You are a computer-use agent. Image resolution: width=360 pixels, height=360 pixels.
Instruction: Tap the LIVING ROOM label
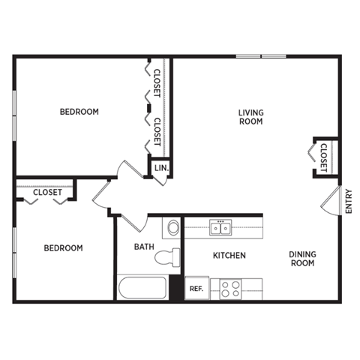(251, 117)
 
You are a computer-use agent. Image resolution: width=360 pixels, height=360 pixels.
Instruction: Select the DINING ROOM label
(301, 259)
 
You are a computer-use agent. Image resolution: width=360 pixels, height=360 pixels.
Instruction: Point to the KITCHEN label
(229, 256)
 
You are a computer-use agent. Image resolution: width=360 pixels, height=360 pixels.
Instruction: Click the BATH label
(144, 246)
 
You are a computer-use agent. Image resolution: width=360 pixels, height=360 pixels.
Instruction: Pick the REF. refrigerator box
(196, 287)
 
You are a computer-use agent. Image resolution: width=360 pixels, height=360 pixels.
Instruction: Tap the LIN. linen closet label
(161, 169)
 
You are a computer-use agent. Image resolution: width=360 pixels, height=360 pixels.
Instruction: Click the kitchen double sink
(221, 226)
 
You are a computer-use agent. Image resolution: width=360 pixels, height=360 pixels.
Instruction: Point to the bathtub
(142, 288)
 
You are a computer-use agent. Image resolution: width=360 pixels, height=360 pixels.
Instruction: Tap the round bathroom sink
(172, 226)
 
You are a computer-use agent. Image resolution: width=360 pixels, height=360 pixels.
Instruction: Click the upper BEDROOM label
(79, 112)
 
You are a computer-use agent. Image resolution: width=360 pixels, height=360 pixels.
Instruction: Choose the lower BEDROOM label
(63, 247)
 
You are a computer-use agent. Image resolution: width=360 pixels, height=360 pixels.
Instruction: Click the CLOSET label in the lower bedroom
(47, 192)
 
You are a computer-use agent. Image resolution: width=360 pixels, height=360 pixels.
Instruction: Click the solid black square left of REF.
(176, 288)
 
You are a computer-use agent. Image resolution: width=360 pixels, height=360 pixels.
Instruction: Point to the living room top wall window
(262, 56)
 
